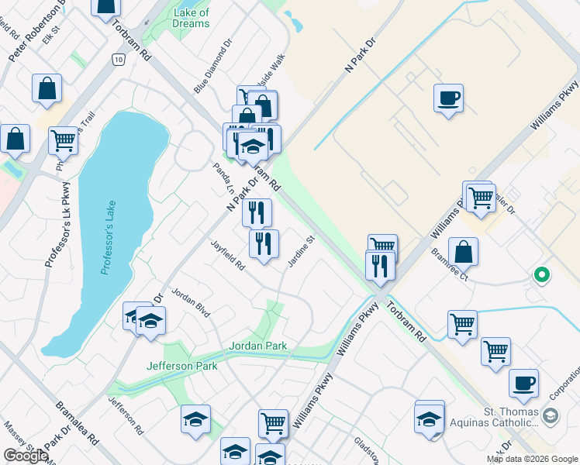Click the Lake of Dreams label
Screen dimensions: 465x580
[x=192, y=18]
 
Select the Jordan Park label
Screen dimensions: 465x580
[x=258, y=346]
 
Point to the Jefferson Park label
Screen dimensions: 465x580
[x=182, y=365]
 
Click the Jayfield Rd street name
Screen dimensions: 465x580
[x=228, y=255]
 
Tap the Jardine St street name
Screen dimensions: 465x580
[x=301, y=252]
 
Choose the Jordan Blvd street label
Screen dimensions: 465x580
[x=191, y=301]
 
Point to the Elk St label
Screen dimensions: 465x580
[x=52, y=36]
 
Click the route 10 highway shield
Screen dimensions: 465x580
[x=117, y=60]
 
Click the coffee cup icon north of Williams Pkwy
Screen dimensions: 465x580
[x=448, y=98]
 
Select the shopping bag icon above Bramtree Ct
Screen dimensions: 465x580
[x=463, y=251]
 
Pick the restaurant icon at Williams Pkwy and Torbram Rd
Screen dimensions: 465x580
[x=380, y=266]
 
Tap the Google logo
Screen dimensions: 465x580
[x=26, y=456]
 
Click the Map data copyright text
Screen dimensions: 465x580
[x=531, y=459]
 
